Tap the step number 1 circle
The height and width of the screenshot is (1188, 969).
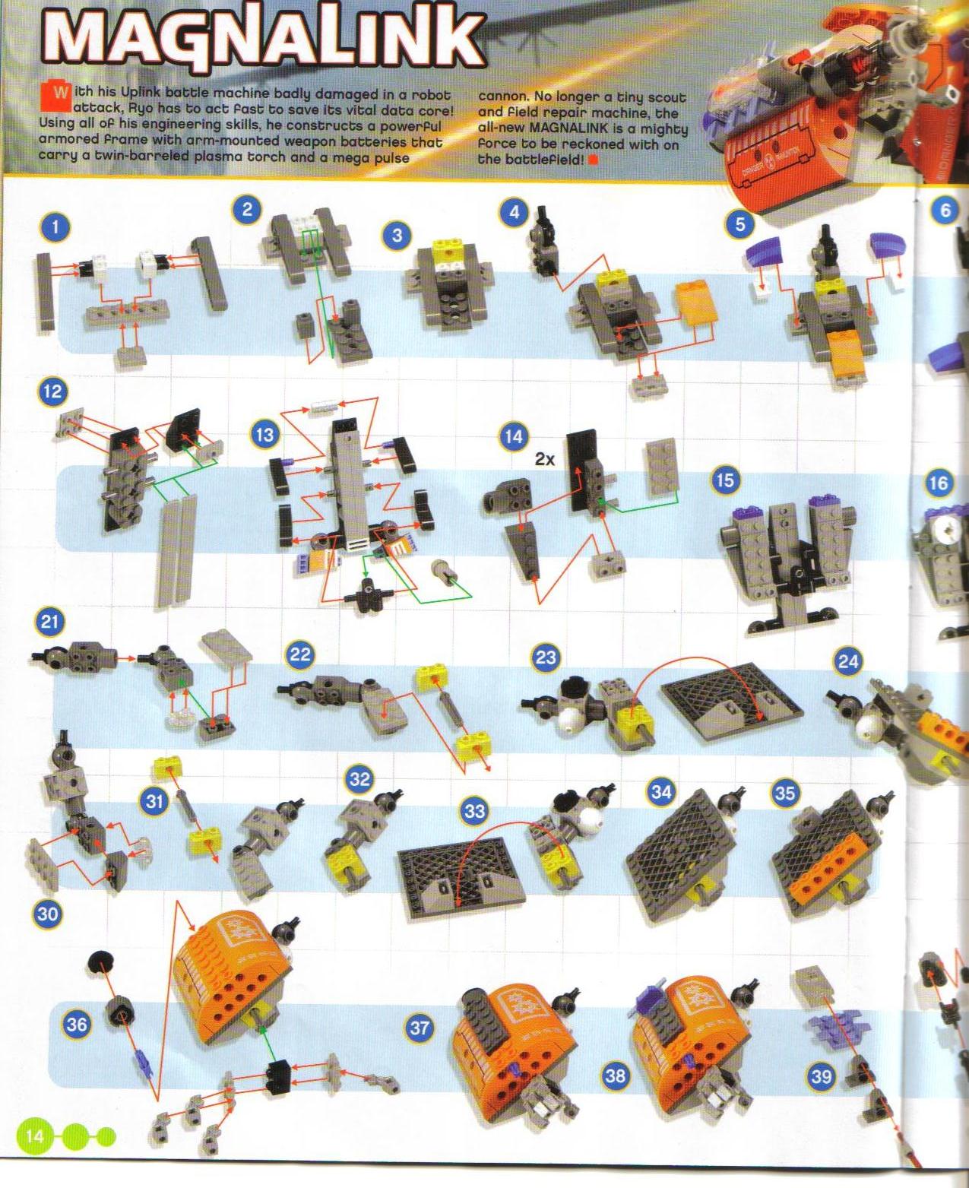pos(55,227)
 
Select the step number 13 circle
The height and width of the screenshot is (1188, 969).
pos(264,436)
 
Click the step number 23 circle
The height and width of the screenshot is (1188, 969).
pos(546,657)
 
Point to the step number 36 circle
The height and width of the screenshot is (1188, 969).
pos(76,1024)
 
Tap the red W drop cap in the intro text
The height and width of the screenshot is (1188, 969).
pos(60,94)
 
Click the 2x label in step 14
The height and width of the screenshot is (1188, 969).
pos(544,460)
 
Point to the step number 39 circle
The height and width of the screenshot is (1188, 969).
pos(821,1076)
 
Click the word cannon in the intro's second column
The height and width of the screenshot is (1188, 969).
pos(502,97)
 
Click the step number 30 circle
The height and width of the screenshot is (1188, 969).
pos(47,913)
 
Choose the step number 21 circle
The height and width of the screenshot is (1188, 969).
pos(49,622)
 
